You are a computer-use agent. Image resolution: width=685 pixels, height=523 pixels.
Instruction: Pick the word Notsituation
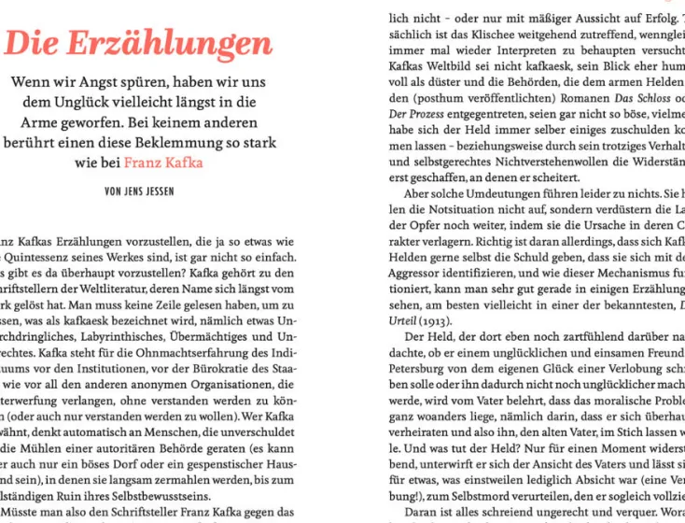[x=446, y=210]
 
